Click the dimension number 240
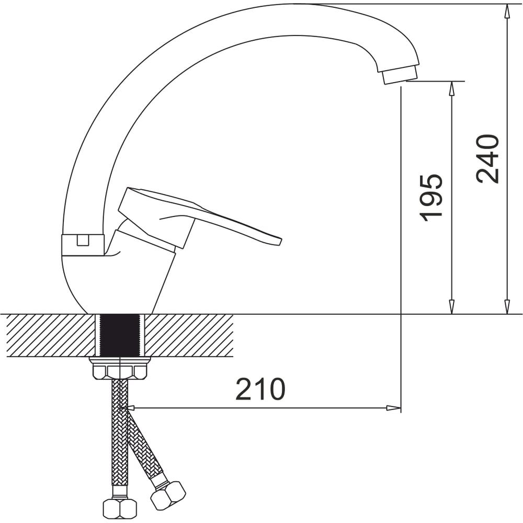pyautogui.click(x=487, y=159)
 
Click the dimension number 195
pyautogui.click(x=431, y=198)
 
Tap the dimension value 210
pyautogui.click(x=260, y=389)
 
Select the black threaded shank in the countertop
pyautogui.click(x=119, y=336)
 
